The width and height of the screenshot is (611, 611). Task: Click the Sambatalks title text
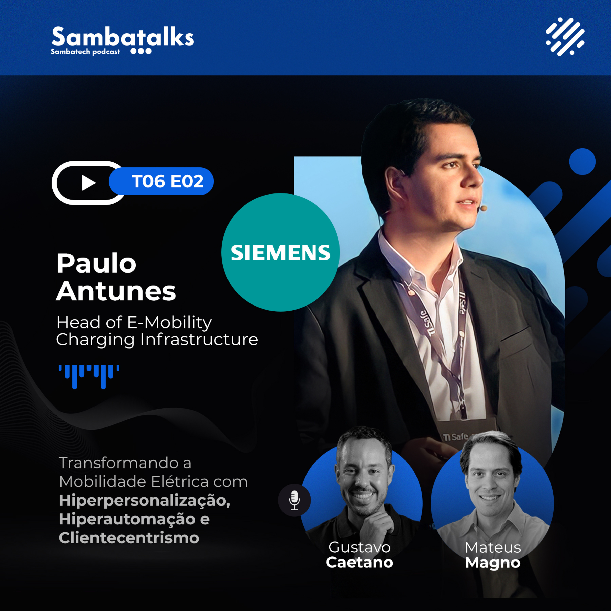(x=122, y=37)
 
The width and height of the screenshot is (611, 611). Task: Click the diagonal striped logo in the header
(x=565, y=36)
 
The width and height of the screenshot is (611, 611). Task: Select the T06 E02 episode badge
(x=161, y=181)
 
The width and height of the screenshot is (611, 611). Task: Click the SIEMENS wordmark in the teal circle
(x=280, y=253)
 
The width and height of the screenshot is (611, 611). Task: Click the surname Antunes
(x=116, y=291)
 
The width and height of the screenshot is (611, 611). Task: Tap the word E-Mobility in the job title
(x=169, y=323)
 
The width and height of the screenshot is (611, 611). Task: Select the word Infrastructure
(x=199, y=340)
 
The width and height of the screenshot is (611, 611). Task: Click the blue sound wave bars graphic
(x=89, y=377)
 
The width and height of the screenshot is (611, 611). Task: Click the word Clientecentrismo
(x=129, y=538)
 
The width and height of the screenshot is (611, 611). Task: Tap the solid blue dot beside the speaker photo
(x=582, y=162)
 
